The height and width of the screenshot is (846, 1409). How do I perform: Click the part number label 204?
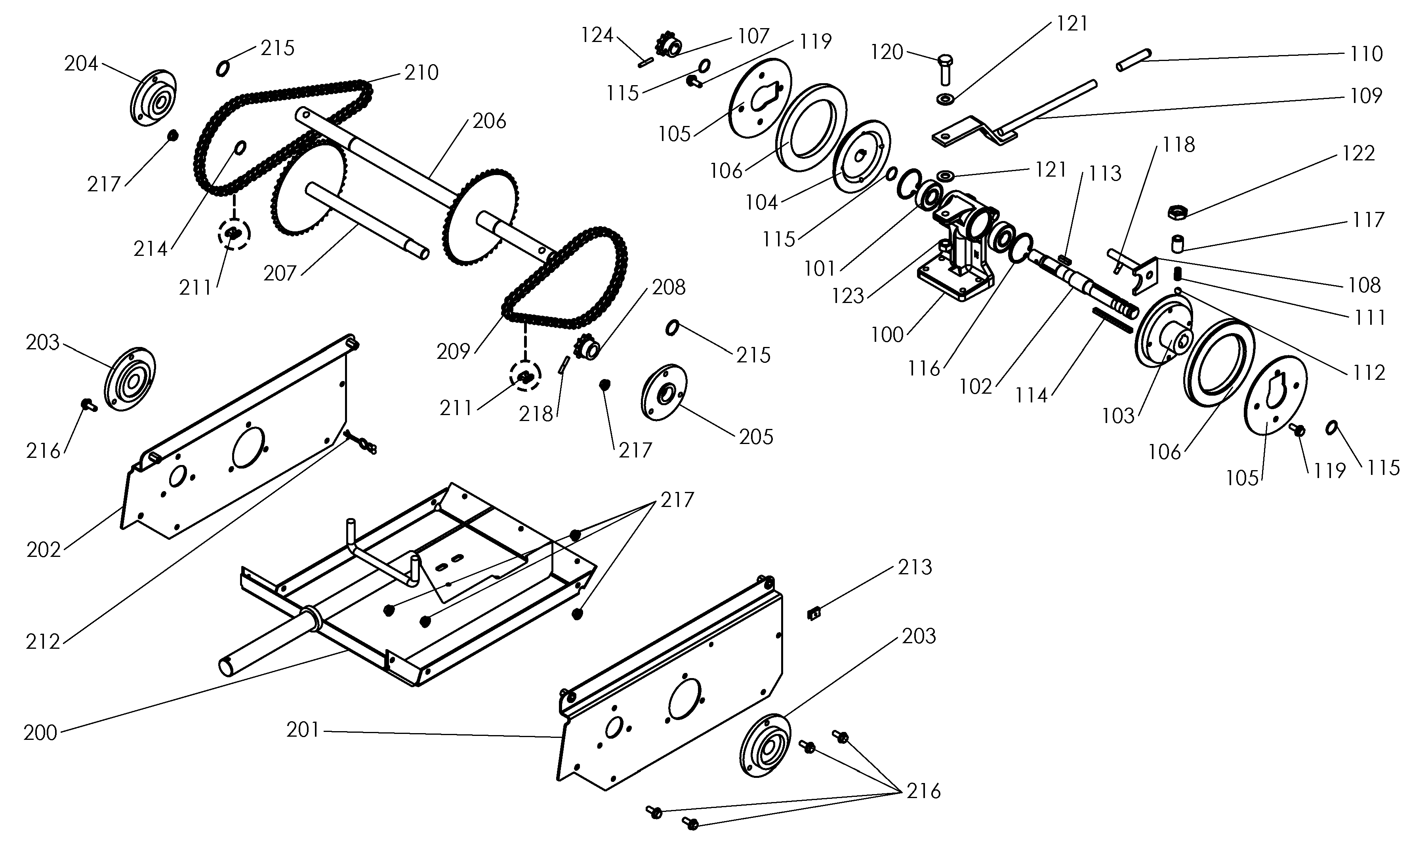pyautogui.click(x=81, y=64)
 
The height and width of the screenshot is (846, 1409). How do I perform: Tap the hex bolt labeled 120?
pyautogui.click(x=944, y=70)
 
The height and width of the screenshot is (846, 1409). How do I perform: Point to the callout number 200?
pyautogui.click(x=40, y=733)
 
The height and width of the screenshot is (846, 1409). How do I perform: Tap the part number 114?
pyautogui.click(x=1031, y=395)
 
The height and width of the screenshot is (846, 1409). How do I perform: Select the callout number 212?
pyautogui.click(x=43, y=642)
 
